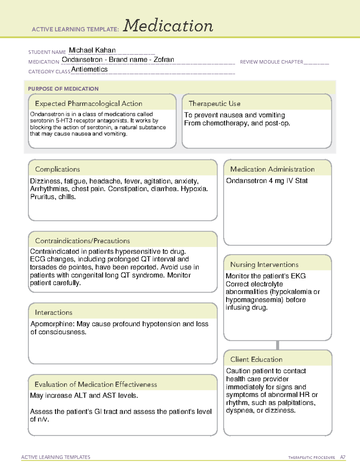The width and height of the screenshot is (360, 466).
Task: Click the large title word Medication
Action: pos(168,26)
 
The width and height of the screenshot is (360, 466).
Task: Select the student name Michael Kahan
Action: pos(92,50)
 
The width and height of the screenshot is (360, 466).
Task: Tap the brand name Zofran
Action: pos(164,60)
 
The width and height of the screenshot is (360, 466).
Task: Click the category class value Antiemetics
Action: pos(89,69)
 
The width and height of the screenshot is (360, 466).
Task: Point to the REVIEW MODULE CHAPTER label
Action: pos(271,62)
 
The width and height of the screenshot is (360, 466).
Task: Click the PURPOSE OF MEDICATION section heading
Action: pos(63,89)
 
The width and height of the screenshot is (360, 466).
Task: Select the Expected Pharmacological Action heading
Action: pos(88,104)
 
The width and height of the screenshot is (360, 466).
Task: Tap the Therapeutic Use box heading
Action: pos(214,104)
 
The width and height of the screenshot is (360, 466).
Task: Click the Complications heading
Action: pos(58,169)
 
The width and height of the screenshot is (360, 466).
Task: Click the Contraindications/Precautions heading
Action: pos(82,241)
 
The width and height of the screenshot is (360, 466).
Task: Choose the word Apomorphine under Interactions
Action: pos(52,324)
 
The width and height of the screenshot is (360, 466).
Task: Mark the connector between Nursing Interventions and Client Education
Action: pos(277,345)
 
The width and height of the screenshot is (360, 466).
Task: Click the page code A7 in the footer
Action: pos(343,457)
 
